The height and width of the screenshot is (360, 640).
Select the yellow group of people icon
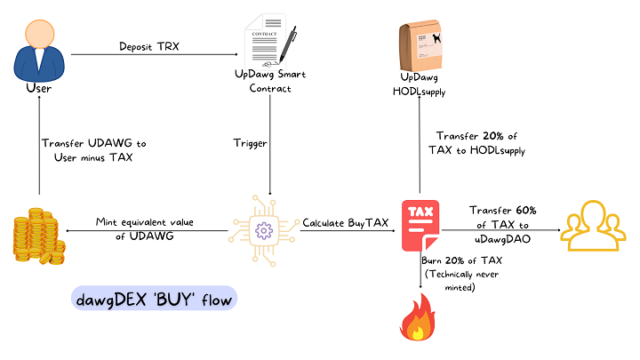[596, 229]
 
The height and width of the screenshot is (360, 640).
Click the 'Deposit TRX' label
[148, 46]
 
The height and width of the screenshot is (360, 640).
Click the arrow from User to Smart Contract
[151, 56]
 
